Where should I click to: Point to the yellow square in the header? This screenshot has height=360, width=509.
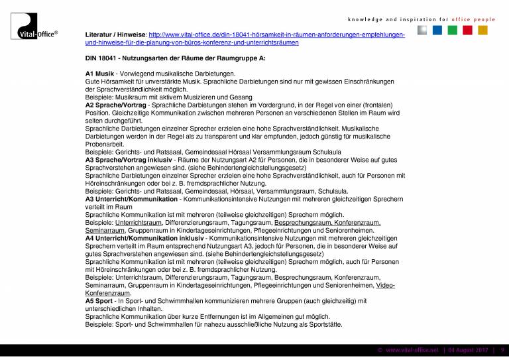[482, 30]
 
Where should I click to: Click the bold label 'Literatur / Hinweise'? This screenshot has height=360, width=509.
[116, 34]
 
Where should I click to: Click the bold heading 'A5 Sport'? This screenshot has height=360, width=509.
[100, 301]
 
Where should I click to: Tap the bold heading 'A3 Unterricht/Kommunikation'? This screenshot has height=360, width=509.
[131, 199]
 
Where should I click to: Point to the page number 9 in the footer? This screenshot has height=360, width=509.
[502, 349]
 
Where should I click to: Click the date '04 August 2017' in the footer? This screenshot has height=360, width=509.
[468, 349]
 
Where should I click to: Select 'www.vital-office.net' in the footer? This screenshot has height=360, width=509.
[412, 349]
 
